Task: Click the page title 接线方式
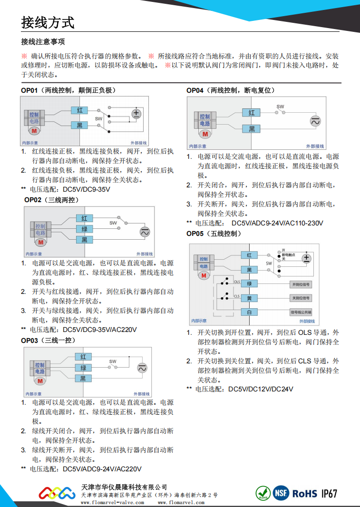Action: pos(48,22)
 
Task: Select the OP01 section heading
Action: pos(68,90)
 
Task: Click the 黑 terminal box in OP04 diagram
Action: pos(252,129)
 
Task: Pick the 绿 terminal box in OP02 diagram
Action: pos(84,229)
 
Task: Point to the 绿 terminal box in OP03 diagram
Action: pos(83,368)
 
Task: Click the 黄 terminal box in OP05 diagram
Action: pos(249,298)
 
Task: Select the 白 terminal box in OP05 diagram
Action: pos(249,312)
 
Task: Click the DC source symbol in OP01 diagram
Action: pos(137,113)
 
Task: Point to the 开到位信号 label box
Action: pos(300,284)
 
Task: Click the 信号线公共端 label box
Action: pos(300,312)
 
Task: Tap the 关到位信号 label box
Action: pos(300,298)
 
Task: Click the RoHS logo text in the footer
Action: pos(304,494)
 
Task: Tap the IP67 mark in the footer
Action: pos(329,494)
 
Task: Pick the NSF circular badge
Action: pos(280,493)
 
